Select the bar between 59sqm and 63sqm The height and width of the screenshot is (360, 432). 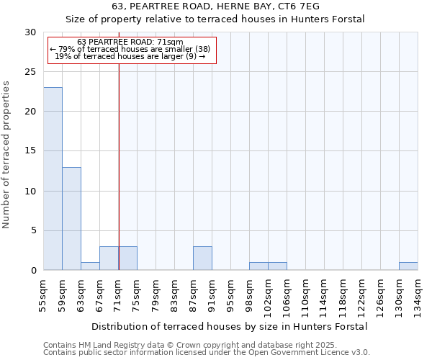[71, 219]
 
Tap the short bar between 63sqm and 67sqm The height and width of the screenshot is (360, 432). [90, 266]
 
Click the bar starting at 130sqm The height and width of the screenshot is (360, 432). [408, 266]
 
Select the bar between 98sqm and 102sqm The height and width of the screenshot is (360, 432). [258, 266]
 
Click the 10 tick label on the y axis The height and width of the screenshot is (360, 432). [31, 192]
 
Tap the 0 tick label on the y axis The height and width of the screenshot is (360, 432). [33, 271]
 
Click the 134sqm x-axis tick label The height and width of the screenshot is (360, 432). [418, 295]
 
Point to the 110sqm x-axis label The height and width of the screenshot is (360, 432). [305, 295]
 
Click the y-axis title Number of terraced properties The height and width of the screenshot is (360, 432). [6, 155]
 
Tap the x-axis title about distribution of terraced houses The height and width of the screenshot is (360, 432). [230, 326]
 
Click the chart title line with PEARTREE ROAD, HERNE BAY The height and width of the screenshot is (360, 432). [216, 6]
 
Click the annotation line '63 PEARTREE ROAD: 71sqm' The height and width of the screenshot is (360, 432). [130, 42]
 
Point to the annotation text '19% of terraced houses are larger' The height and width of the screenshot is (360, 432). [130, 56]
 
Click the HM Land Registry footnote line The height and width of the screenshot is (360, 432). [190, 345]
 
